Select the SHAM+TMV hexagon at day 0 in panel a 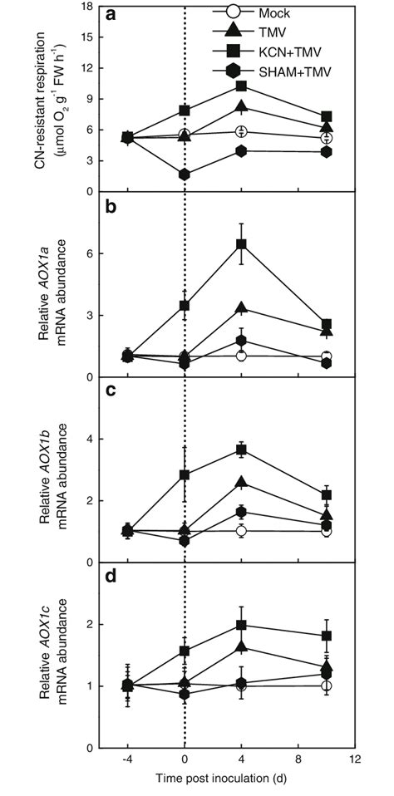tap(184, 174)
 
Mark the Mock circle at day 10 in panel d tap(327, 685)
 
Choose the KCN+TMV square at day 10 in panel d tap(327, 636)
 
